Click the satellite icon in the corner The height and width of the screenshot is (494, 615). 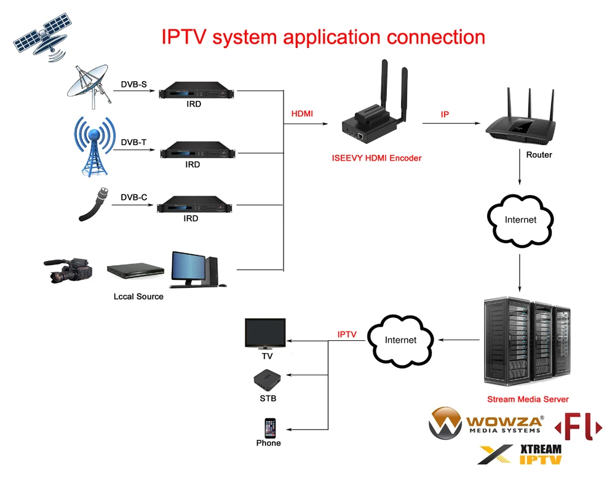43,38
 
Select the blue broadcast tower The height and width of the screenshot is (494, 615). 94,146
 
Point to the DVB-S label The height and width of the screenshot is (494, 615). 133,84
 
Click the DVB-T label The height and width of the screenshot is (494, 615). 133,142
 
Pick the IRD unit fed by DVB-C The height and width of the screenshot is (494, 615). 194,204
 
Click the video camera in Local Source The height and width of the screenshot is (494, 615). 68,270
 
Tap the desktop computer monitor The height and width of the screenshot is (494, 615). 189,269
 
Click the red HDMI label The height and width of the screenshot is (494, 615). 302,114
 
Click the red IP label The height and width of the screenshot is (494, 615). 445,114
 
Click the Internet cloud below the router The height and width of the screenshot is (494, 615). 520,220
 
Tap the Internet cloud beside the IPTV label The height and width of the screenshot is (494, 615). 400,341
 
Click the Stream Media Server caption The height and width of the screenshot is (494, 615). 528,399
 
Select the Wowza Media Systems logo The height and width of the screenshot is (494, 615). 486,423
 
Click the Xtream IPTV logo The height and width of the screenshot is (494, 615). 520,455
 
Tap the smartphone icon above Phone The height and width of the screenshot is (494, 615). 270,428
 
